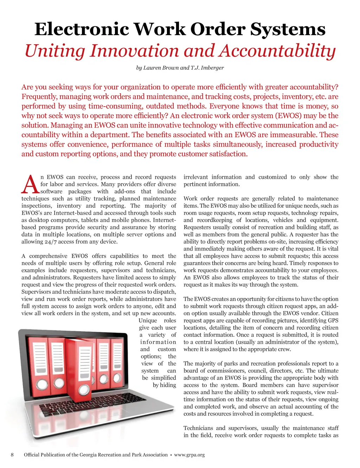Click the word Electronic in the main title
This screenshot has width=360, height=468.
pyautogui.click(x=82, y=29)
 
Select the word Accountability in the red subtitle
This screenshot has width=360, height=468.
pyautogui.click(x=277, y=51)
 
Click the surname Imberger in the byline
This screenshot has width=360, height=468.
pyautogui.click(x=212, y=68)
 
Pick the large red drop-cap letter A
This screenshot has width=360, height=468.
pyautogui.click(x=30, y=185)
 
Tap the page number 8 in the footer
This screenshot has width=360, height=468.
pyautogui.click(x=12, y=455)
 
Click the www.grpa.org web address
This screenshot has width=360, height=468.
pyautogui.click(x=189, y=455)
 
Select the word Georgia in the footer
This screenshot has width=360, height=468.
pyautogui.click(x=90, y=455)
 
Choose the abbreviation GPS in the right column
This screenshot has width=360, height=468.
pyautogui.click(x=333, y=321)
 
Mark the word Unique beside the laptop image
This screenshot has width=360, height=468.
pyautogui.click(x=148, y=321)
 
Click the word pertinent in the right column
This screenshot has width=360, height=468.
pyautogui.click(x=195, y=184)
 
